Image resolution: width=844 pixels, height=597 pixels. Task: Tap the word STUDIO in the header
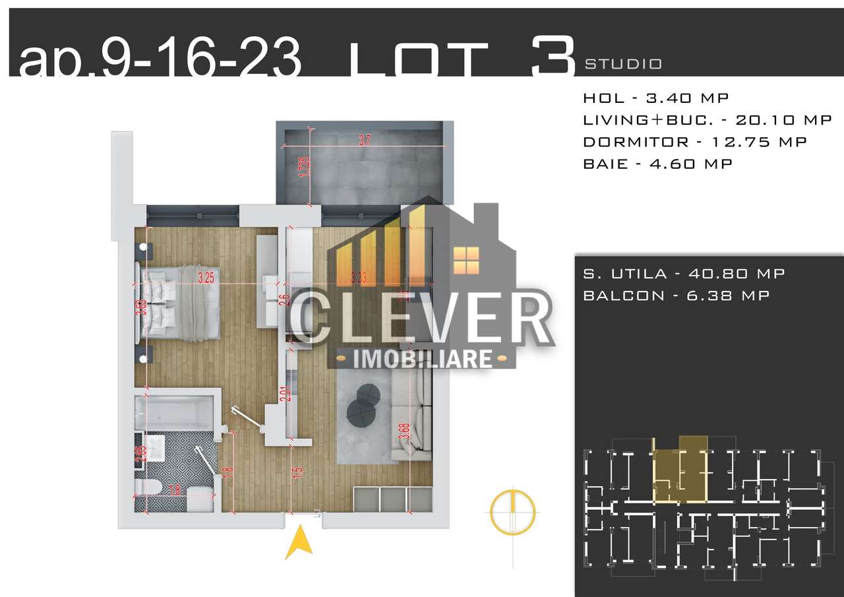point(622,64)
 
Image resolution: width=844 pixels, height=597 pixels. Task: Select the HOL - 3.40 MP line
point(655,98)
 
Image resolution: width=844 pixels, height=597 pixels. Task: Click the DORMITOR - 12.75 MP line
point(694,142)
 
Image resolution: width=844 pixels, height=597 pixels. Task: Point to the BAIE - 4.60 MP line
point(657,164)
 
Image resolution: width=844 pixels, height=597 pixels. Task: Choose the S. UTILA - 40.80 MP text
point(684,274)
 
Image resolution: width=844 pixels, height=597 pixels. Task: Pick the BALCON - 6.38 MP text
point(676,296)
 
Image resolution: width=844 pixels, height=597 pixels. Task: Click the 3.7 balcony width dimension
point(364,141)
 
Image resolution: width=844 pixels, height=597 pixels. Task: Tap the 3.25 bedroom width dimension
point(206,278)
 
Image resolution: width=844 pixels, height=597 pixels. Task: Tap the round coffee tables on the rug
point(363,404)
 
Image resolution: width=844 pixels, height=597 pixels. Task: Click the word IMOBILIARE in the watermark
point(423,359)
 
